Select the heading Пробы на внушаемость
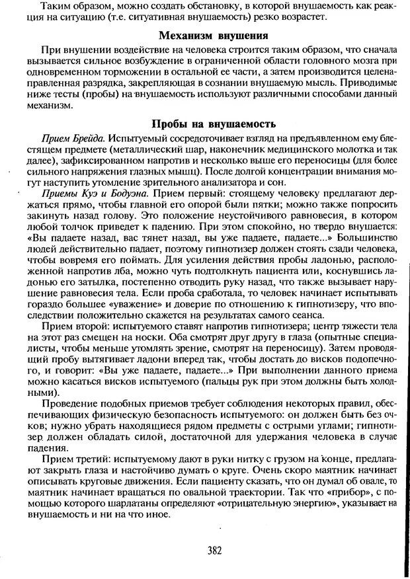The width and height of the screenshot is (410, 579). click(214, 124)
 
